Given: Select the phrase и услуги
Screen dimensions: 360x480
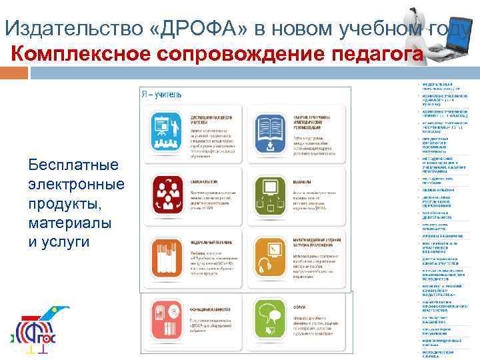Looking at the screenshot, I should (59, 241).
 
